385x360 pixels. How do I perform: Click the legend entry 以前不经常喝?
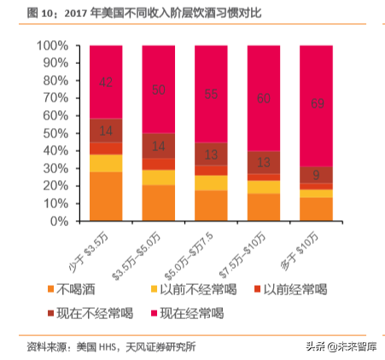[184, 290]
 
